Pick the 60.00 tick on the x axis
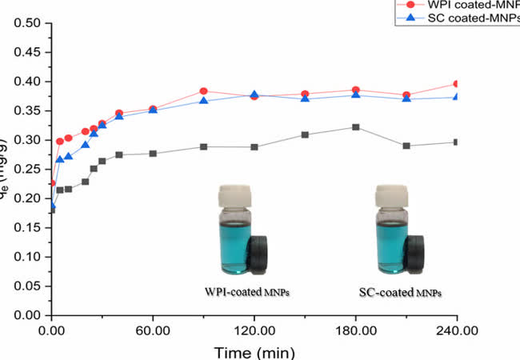(153, 328)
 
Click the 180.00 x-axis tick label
(355, 328)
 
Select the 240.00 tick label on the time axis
(457, 328)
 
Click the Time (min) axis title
(254, 350)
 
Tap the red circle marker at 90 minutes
(204, 91)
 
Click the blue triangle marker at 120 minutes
(254, 94)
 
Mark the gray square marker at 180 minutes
(356, 127)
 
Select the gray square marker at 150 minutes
(305, 134)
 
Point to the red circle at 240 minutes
(457, 83)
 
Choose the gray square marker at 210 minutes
(406, 146)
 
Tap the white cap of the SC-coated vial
(392, 194)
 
